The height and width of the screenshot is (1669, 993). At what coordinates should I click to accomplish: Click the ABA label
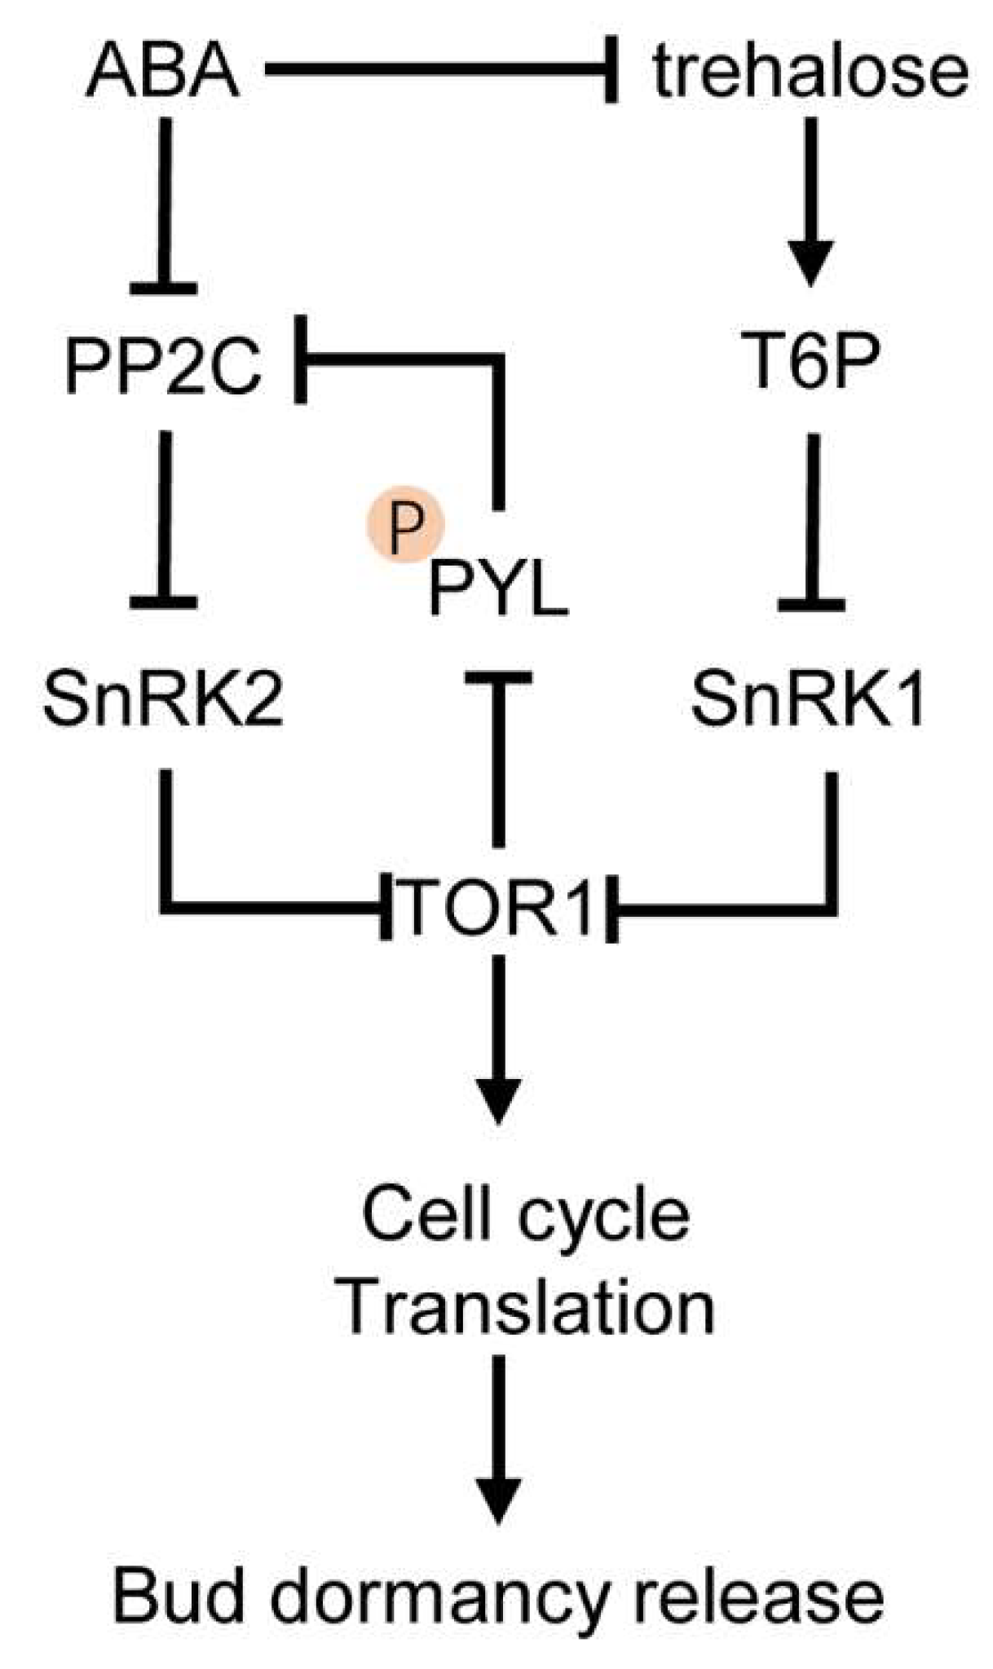(163, 72)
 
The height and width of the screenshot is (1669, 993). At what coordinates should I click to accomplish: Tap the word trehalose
(810, 72)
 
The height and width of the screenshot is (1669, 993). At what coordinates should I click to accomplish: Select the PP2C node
(164, 366)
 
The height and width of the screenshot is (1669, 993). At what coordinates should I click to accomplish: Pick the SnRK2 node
(164, 700)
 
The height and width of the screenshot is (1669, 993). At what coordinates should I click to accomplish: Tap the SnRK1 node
(808, 700)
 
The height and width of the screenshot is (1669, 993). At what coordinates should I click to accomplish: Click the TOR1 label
(499, 906)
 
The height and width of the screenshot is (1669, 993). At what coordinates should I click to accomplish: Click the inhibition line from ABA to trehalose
(440, 72)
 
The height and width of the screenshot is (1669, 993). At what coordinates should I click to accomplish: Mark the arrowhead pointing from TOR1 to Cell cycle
(498, 1100)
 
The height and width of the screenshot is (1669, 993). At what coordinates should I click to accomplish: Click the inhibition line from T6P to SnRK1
(811, 522)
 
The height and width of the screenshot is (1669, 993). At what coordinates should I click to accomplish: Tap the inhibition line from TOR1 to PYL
(498, 758)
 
